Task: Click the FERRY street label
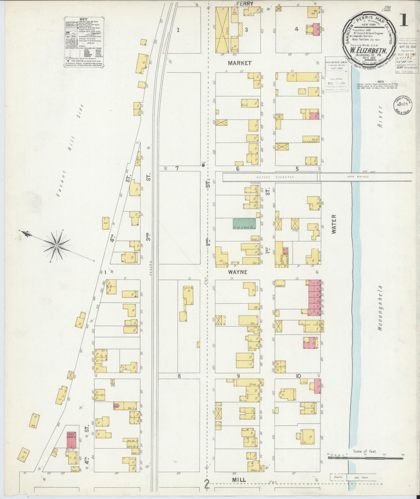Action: (245, 3)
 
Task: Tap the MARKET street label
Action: (240, 63)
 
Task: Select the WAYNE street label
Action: (237, 272)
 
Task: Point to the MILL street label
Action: (239, 479)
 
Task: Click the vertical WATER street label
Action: (333, 224)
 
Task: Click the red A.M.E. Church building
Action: (72, 440)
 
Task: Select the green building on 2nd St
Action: (244, 223)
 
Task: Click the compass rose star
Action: (56, 246)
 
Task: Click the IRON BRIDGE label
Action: (354, 177)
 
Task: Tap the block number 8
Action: (179, 376)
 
